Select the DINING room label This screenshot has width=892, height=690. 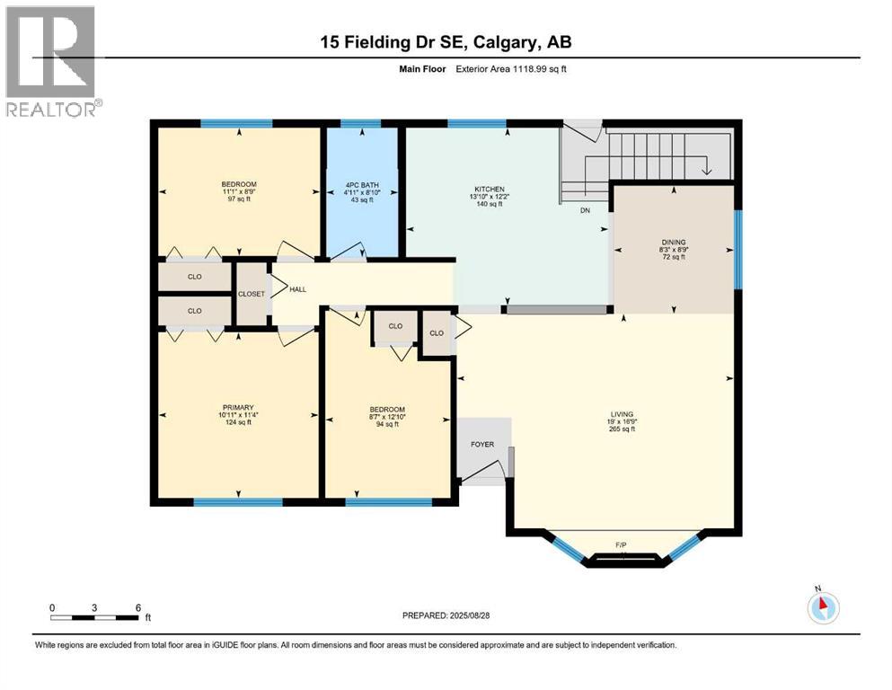[674, 242]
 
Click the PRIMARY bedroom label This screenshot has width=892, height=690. [238, 407]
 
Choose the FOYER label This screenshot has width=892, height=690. [482, 444]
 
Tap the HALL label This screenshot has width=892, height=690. [298, 289]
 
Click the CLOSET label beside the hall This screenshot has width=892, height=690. [252, 294]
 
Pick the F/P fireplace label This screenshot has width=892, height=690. [621, 545]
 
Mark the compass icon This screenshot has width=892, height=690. [822, 607]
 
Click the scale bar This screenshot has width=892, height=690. [94, 618]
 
